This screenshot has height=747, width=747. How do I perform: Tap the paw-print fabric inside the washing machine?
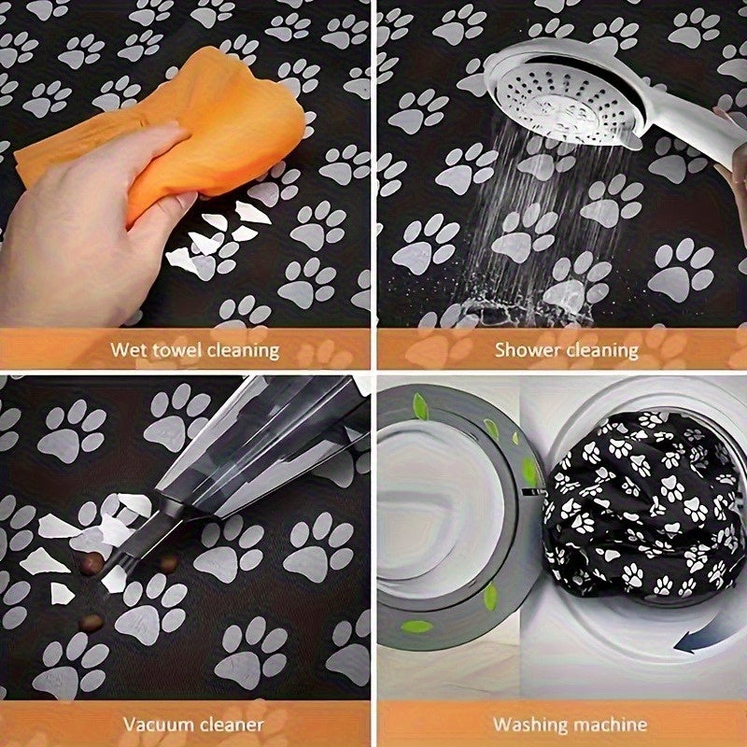tap(644, 509)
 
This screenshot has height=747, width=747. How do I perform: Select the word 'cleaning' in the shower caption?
tap(603, 350)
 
